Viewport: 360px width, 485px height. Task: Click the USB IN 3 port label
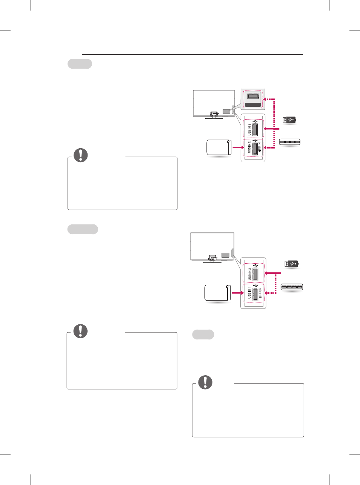pyautogui.click(x=249, y=129)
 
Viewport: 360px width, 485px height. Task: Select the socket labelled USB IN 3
pyautogui.click(x=255, y=129)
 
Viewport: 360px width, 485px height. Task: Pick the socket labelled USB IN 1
pyautogui.click(x=255, y=295)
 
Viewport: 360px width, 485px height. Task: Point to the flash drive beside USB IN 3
pyautogui.click(x=289, y=120)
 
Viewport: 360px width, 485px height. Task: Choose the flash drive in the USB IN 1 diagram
pyautogui.click(x=291, y=264)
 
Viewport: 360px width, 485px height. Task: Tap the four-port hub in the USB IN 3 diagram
pyautogui.click(x=289, y=142)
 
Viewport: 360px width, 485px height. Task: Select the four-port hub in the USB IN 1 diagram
pyautogui.click(x=292, y=287)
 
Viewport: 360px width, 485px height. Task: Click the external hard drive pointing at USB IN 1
pyautogui.click(x=217, y=293)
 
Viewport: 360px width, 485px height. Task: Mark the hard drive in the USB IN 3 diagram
pyautogui.click(x=219, y=147)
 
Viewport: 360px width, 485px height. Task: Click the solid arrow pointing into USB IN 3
pyautogui.click(x=271, y=129)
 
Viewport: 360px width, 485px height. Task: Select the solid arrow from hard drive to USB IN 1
pyautogui.click(x=238, y=293)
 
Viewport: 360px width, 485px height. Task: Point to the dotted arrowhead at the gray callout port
pyautogui.click(x=265, y=99)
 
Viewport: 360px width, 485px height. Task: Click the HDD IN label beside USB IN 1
pyautogui.click(x=260, y=293)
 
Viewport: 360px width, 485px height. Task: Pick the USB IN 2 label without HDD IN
pyautogui.click(x=249, y=274)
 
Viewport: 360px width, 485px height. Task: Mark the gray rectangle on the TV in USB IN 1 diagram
pyautogui.click(x=225, y=255)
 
